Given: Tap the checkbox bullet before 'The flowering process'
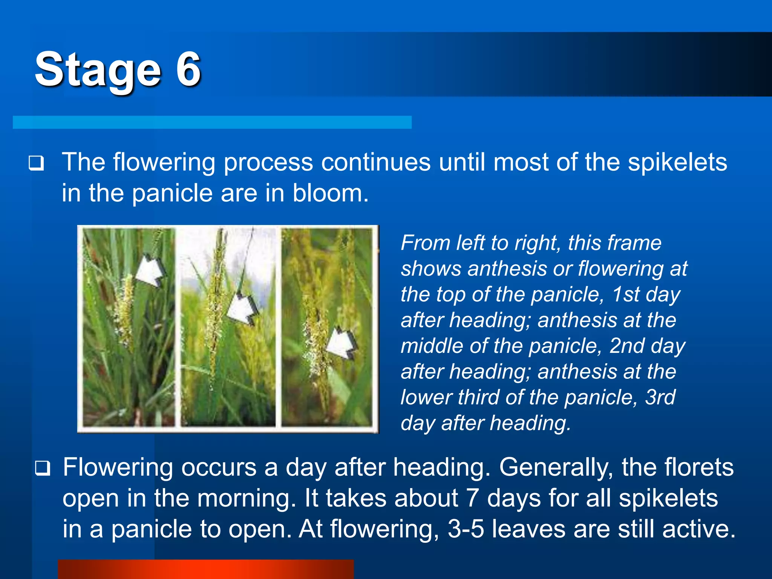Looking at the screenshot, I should (x=36, y=163).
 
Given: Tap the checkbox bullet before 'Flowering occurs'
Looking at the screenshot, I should (x=42, y=468).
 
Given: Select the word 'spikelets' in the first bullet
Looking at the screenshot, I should (x=677, y=162).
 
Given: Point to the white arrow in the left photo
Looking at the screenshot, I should (x=150, y=270).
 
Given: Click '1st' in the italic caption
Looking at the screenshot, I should (x=625, y=294).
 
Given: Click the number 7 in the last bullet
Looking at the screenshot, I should (x=472, y=498).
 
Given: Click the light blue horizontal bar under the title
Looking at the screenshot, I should (x=212, y=122).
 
